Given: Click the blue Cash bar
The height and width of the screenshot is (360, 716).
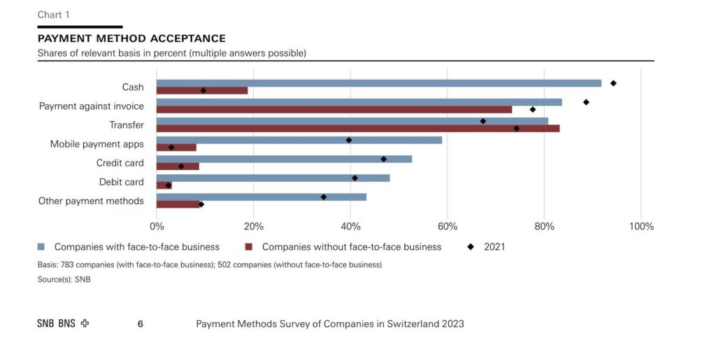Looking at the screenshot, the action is (x=379, y=83).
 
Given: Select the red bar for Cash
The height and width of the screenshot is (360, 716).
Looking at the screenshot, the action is (x=202, y=90).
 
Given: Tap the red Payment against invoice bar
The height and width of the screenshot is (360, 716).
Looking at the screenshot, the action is (x=334, y=110).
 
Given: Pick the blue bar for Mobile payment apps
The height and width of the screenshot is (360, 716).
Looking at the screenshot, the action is (x=299, y=140).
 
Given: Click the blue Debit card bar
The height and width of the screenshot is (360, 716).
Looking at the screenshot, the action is (x=273, y=178).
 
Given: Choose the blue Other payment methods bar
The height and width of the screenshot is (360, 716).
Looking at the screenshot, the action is (x=262, y=197).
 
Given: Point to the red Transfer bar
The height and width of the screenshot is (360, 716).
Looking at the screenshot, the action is (x=358, y=129).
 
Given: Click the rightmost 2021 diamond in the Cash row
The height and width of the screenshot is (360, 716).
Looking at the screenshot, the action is (x=613, y=83).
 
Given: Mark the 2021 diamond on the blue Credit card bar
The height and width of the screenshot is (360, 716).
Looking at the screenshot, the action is (x=384, y=159).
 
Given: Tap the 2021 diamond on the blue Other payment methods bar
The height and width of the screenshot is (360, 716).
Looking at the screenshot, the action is (x=324, y=197).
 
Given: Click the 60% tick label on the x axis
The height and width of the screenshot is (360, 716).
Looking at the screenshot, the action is (x=447, y=226).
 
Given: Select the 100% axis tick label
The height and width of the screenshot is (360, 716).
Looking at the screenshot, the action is (x=642, y=226).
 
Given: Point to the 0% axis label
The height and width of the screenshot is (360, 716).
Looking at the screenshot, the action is (x=157, y=226).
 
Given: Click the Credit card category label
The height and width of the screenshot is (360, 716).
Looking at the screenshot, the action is (x=120, y=163).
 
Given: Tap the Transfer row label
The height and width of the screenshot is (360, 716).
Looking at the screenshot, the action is (x=127, y=125).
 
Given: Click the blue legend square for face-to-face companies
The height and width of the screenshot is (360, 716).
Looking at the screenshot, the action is (x=41, y=247).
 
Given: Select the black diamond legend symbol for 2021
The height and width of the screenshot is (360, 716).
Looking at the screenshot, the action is (x=471, y=247).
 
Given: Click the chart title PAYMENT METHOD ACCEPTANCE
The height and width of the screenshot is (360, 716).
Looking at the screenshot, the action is (x=131, y=38).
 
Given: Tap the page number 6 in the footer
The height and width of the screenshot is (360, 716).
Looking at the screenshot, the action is (x=140, y=324).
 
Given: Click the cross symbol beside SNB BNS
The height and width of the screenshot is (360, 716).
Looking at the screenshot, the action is (x=85, y=324).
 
